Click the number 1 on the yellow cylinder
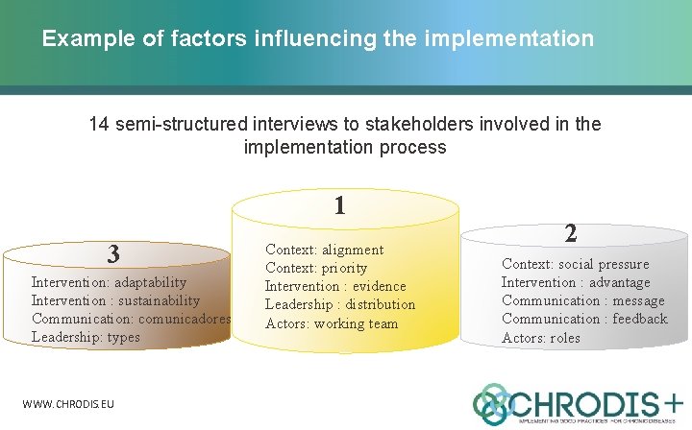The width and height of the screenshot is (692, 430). pos(339,205)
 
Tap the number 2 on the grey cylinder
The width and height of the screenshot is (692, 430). pos(570,233)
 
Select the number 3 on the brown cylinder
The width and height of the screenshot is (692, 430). pos(113,254)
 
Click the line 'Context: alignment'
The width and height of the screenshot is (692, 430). pos(324,250)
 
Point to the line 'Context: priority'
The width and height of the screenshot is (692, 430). pos(316,268)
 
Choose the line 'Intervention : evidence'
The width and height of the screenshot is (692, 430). pos(335,286)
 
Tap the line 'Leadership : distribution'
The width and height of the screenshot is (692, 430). pos(340,304)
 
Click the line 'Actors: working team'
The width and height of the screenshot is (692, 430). pos(332,323)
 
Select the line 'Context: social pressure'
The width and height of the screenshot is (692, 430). pos(575,264)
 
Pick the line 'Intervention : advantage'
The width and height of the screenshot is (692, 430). pos(575,282)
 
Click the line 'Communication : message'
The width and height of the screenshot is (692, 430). pos(582,300)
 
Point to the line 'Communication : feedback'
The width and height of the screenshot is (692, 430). pos(583,319)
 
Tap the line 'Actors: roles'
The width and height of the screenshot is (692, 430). pos(541,338)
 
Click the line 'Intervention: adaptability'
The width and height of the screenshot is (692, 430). pos(109,282)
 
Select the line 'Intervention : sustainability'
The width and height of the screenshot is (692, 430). pos(115,300)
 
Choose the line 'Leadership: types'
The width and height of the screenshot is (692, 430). pos(86,337)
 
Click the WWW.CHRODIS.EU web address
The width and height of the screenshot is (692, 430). pos(68,404)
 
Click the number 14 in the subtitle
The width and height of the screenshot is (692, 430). pos(99,125)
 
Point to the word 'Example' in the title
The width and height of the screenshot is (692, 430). pos(79,39)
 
